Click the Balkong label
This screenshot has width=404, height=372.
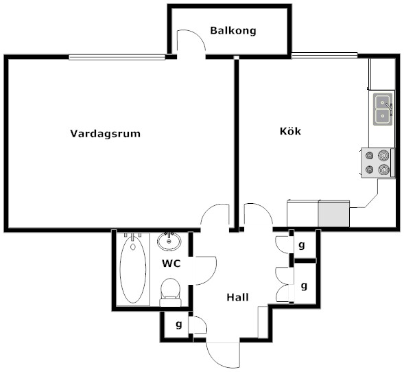233,31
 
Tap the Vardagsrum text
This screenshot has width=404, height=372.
106,134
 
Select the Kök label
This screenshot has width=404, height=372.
290,131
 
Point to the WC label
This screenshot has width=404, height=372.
171,264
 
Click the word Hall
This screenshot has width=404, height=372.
238,297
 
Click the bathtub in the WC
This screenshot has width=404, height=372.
133,270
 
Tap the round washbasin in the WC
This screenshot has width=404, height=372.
169,242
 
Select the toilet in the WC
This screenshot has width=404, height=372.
171,292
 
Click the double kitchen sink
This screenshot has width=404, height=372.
383,109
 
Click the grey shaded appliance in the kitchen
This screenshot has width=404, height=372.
334,213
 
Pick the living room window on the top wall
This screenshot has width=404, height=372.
117,57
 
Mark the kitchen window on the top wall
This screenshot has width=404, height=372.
324,56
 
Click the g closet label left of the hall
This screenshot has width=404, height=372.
178,325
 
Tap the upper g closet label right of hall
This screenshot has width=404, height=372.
301,245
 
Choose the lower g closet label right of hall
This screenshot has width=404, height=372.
305,286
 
